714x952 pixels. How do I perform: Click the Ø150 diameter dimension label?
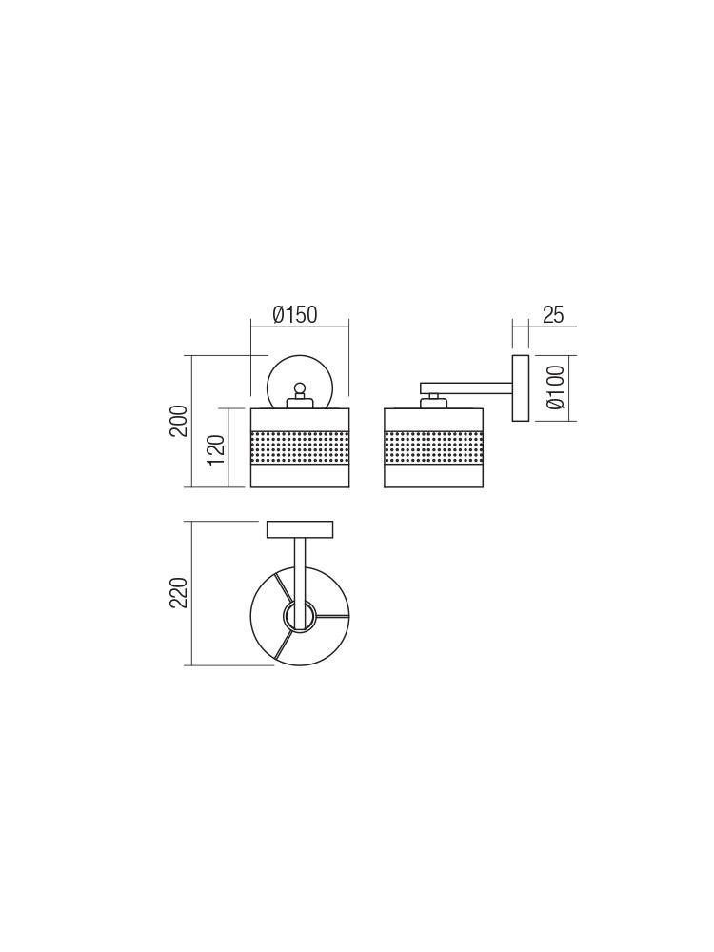295,315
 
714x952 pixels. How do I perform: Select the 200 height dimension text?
178,421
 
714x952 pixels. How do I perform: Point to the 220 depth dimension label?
178,593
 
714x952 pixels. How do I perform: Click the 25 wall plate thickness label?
553,315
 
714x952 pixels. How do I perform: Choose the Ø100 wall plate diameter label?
556,387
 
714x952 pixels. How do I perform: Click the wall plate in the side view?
521,387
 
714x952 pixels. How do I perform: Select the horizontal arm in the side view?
466,387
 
